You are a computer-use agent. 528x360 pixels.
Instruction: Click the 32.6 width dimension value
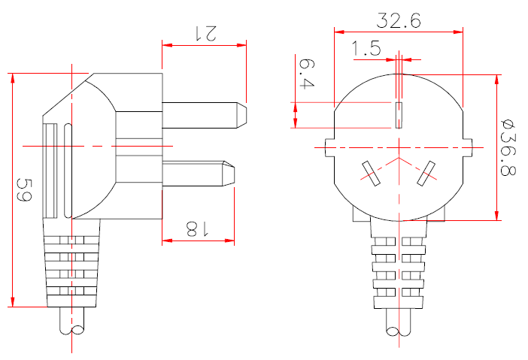[399, 20]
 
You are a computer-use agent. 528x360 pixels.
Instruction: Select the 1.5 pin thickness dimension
[366, 50]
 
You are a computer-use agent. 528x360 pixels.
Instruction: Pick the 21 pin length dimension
[205, 32]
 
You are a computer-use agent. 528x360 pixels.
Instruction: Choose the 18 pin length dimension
[197, 228]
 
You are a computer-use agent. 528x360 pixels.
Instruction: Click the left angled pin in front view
[369, 173]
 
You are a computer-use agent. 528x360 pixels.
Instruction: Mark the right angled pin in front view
[428, 173]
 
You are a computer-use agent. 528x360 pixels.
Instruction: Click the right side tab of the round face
[469, 147]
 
